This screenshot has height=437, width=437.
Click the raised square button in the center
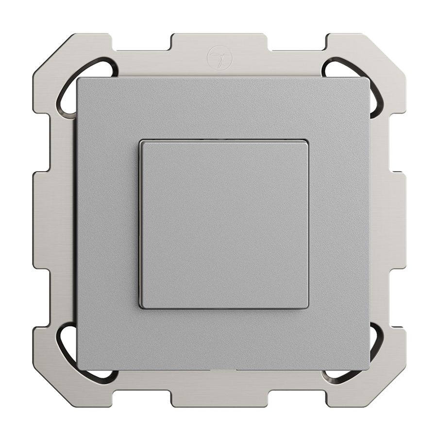click(224, 224)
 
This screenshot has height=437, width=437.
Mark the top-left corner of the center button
click(141, 142)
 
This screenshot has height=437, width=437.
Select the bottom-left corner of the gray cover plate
click(78, 369)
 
